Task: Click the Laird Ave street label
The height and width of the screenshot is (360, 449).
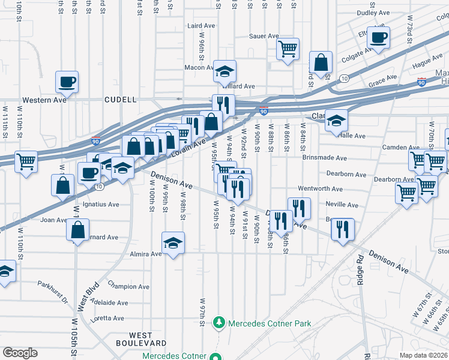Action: (x=201, y=26)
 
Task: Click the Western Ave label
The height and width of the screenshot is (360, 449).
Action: (x=44, y=100)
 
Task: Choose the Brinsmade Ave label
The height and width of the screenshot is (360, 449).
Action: (x=325, y=158)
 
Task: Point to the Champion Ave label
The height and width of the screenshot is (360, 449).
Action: (x=128, y=287)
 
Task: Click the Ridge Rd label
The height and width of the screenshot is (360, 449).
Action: (x=361, y=269)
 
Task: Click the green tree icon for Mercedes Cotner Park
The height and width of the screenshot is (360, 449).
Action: (x=220, y=323)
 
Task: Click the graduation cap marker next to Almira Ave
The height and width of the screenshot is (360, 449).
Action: (x=173, y=242)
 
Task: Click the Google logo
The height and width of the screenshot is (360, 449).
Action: (x=20, y=353)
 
